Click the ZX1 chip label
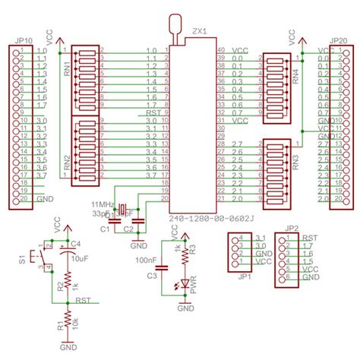coord(198,33)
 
